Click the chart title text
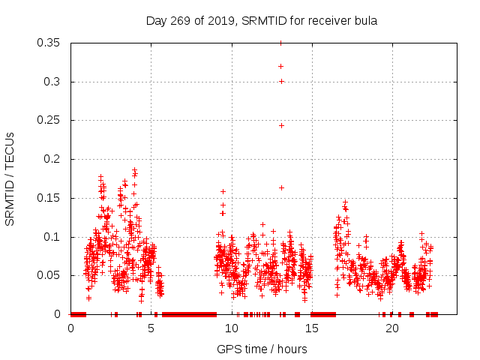(x=261, y=20)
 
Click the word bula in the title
(x=364, y=20)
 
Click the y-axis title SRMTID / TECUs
(x=10, y=178)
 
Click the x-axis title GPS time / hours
(x=262, y=349)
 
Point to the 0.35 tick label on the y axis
(x=49, y=43)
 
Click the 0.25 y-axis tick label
(x=49, y=120)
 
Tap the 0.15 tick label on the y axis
(x=49, y=198)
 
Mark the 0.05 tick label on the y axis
(x=49, y=275)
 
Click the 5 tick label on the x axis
(x=151, y=328)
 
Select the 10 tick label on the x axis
(x=232, y=328)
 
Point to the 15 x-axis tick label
(x=312, y=328)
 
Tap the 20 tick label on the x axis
(x=392, y=328)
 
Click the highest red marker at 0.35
(x=281, y=43)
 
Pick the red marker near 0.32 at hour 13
(x=281, y=66)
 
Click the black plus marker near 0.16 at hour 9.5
(x=223, y=191)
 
